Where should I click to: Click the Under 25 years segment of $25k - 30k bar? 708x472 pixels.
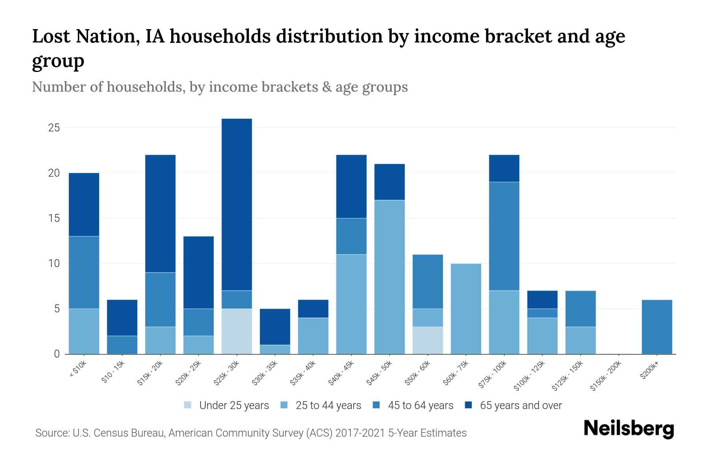pyautogui.click(x=236, y=331)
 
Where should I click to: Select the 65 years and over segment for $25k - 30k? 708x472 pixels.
pyautogui.click(x=236, y=205)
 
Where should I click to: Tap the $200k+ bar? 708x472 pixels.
pyautogui.click(x=656, y=327)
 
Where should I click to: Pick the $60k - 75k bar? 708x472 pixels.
pyautogui.click(x=466, y=309)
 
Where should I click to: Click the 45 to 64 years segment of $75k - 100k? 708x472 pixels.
pyautogui.click(x=504, y=236)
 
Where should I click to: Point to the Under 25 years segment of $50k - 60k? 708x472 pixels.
pyautogui.click(x=428, y=340)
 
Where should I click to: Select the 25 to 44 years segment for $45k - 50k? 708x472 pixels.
pyautogui.click(x=389, y=277)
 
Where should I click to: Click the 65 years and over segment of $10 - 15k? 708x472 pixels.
pyautogui.click(x=122, y=318)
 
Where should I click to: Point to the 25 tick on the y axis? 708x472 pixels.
pyautogui.click(x=54, y=128)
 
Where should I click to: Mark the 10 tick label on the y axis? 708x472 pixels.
pyautogui.click(x=54, y=264)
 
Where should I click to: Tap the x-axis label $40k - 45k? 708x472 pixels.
pyautogui.click(x=341, y=374)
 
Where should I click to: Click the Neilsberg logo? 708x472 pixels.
pyautogui.click(x=629, y=429)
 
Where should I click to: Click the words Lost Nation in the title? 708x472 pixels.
pyautogui.click(x=85, y=37)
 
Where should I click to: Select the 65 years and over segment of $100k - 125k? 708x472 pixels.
pyautogui.click(x=542, y=300)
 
